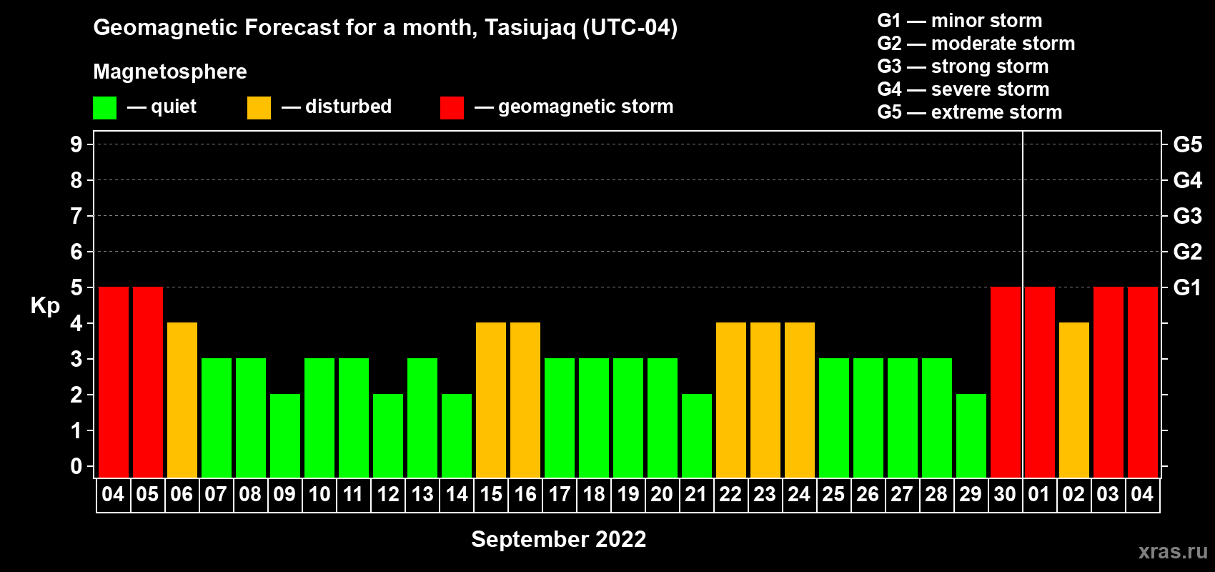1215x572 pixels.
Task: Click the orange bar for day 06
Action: coord(182,400)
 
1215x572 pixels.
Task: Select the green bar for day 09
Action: coord(285,435)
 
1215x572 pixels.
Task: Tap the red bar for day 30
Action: coord(1006,382)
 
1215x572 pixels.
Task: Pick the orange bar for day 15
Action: coord(491,400)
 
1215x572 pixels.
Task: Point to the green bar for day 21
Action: coord(697,435)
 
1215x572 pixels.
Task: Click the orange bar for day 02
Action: coord(1074,400)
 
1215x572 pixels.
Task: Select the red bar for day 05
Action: coord(148,382)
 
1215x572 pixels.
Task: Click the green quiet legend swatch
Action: coord(104,107)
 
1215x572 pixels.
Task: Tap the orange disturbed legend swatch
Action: coord(259,107)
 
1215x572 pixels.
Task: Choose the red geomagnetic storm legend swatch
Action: coord(452,107)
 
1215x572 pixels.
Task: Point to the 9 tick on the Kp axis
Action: coord(76,144)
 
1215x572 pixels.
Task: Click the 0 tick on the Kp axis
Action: coord(76,466)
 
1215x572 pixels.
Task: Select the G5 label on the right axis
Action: coord(1187,144)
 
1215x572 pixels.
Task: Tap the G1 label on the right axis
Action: coord(1187,287)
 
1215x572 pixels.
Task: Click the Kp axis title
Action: coord(45,306)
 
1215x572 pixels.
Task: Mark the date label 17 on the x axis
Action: coord(559,494)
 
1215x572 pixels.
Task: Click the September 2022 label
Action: coord(559,539)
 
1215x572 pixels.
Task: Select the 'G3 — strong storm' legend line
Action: coord(963,66)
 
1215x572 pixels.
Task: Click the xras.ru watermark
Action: coord(1173,551)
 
